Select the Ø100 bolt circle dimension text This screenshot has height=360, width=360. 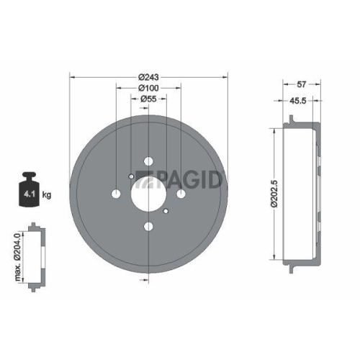tap(148, 88)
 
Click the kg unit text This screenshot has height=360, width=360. tap(48, 194)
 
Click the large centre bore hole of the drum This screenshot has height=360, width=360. tap(148, 194)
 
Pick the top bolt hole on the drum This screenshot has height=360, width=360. tap(148, 161)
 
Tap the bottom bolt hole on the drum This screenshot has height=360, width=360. tap(148, 228)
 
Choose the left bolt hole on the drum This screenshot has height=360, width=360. tap(115, 194)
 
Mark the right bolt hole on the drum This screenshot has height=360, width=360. tap(181, 194)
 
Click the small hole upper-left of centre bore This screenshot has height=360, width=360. tap(130, 176)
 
